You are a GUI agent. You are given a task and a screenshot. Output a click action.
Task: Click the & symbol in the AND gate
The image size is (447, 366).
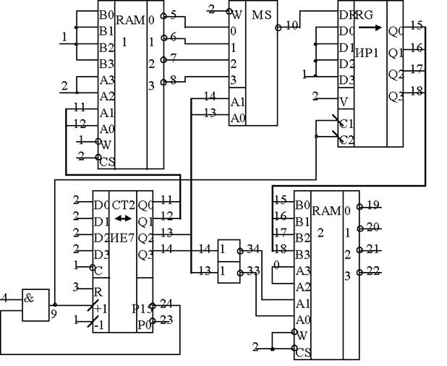31,297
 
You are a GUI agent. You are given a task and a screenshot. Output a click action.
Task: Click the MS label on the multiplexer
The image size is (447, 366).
260,14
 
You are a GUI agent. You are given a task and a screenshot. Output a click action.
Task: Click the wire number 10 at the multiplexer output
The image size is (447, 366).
291,26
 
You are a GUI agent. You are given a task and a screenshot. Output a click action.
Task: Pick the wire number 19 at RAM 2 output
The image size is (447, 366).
372,205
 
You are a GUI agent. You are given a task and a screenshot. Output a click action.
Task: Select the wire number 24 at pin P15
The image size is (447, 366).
166,304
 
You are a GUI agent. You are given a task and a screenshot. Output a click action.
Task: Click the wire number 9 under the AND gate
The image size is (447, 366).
54,313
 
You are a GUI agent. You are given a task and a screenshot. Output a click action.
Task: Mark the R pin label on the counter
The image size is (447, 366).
96,291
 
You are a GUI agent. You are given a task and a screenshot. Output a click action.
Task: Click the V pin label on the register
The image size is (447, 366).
344,100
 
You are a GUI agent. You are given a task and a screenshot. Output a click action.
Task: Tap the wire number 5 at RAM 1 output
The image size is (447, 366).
174,14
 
